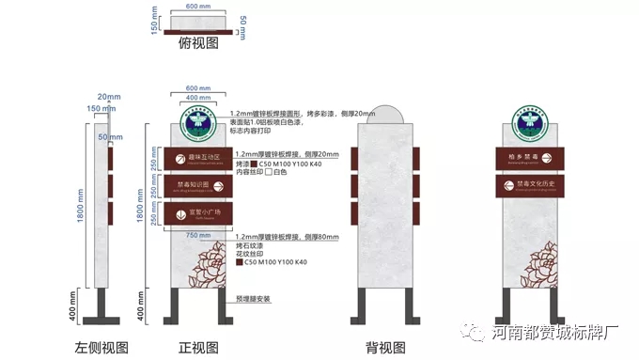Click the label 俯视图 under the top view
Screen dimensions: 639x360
[x=198, y=42]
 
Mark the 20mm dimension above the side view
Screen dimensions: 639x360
[x=109, y=97]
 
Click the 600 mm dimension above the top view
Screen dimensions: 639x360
[x=198, y=7]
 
